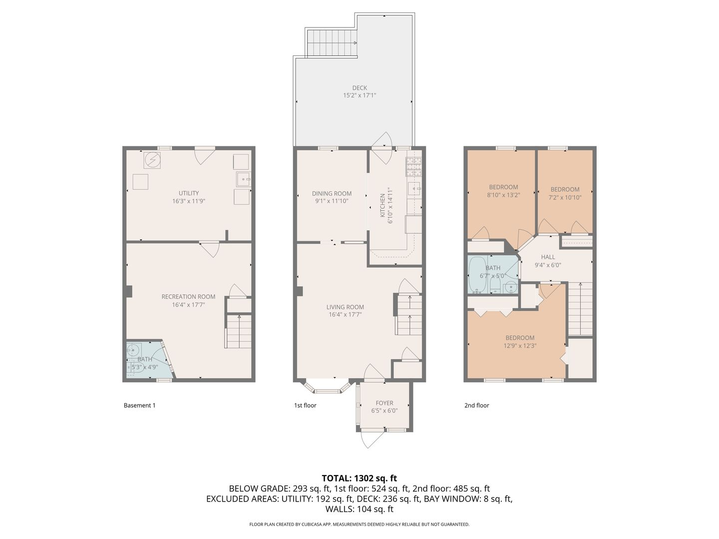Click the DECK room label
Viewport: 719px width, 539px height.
click(x=359, y=88)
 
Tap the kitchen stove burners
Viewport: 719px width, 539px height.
click(x=414, y=167)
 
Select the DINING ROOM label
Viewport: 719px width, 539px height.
click(x=332, y=194)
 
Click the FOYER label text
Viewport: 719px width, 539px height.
click(x=384, y=403)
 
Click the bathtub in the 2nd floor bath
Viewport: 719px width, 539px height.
click(x=478, y=275)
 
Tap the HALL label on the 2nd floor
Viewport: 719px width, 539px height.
click(x=548, y=257)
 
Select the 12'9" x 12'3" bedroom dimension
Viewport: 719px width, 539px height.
click(x=520, y=345)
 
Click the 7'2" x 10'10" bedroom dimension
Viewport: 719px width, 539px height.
click(x=565, y=197)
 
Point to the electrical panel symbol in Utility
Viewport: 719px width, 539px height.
click(x=152, y=161)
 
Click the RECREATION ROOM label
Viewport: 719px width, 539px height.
click(x=188, y=296)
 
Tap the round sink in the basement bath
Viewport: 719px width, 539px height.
click(x=133, y=350)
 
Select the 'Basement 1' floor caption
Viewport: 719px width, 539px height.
click(x=139, y=405)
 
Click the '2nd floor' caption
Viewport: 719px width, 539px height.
click(x=477, y=405)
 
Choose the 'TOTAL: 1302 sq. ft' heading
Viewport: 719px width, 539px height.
click(x=359, y=478)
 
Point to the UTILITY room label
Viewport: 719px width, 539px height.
click(x=189, y=193)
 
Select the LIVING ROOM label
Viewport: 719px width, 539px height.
click(x=345, y=307)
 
